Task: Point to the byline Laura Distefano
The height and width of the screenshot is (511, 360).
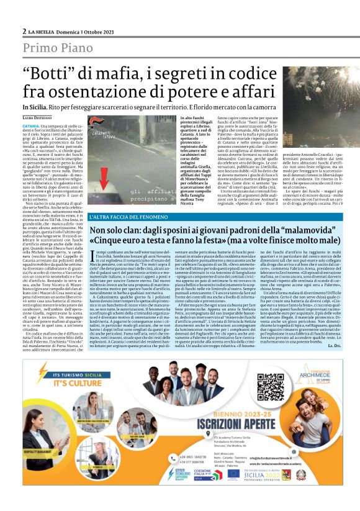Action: click(37, 117)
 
